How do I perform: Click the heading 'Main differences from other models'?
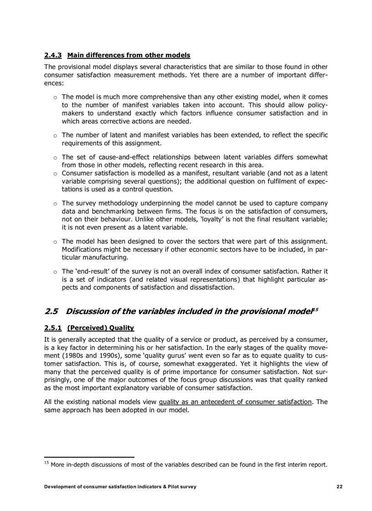(x=129, y=56)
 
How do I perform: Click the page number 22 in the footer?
(x=339, y=486)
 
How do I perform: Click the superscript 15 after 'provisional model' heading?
(x=315, y=309)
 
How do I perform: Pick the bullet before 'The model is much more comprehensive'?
(x=55, y=97)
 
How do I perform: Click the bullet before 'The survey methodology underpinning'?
(x=55, y=204)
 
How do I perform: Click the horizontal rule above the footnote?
(x=89, y=456)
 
